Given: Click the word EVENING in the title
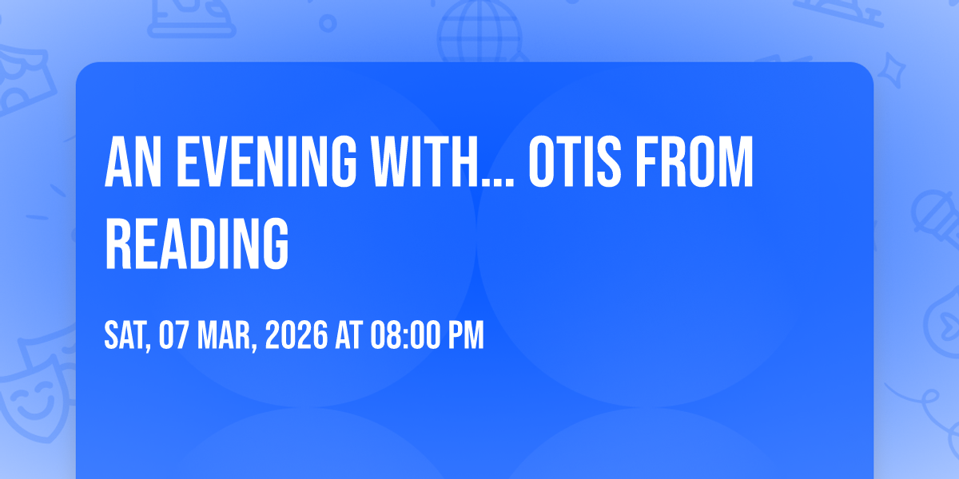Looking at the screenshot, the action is [266, 161].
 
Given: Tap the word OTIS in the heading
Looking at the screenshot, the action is [575, 161].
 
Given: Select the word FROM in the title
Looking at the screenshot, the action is [694, 161].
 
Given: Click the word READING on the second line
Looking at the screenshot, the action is [197, 243].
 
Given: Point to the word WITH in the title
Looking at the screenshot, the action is [424, 161].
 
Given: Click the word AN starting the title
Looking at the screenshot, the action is [133, 161].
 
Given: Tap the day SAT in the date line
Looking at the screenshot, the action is [125, 335].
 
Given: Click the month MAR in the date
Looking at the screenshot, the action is [225, 335].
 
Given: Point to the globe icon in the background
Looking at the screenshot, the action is [479, 31].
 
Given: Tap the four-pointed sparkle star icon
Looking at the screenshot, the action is [892, 70].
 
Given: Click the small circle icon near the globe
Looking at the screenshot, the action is [328, 23].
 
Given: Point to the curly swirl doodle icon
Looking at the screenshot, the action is [925, 406].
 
